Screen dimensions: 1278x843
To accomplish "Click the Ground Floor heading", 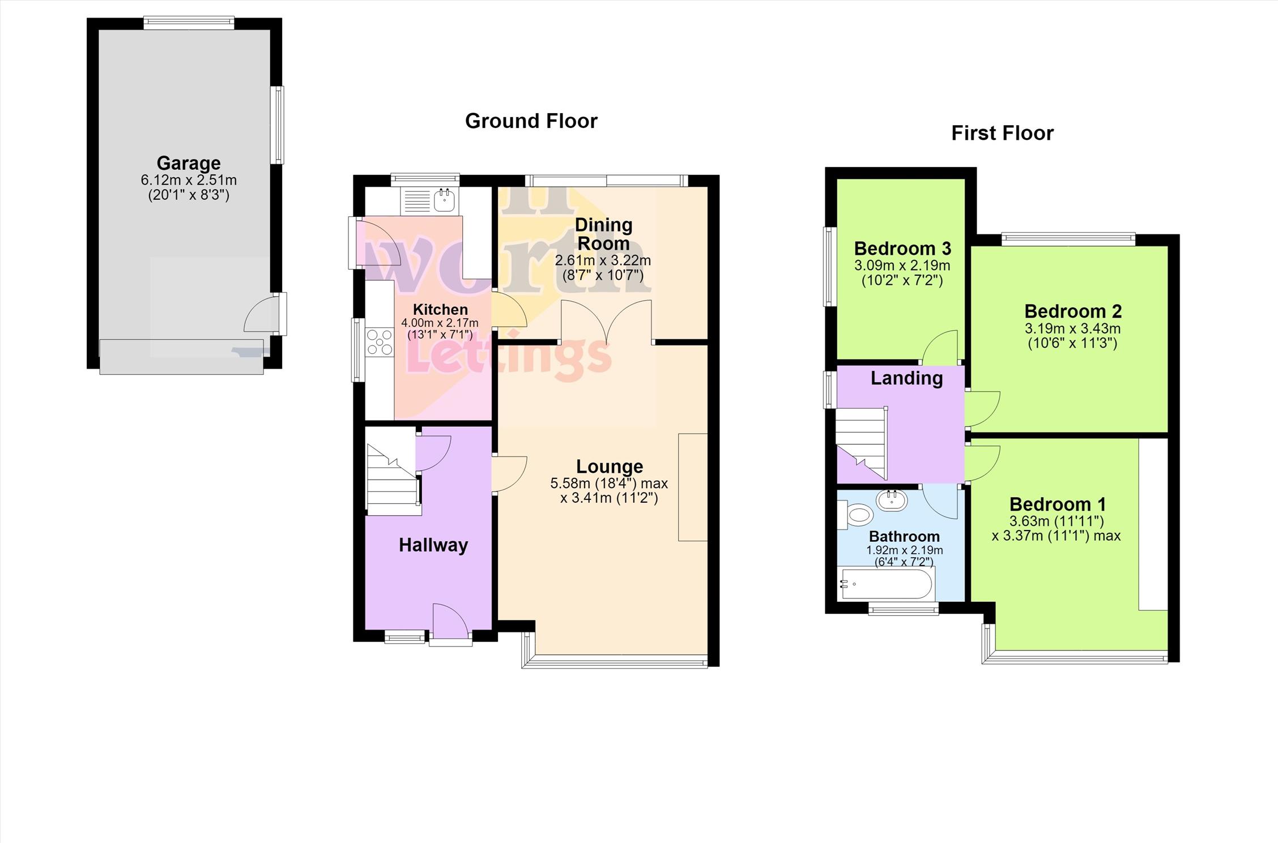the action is pyautogui.click(x=531, y=121).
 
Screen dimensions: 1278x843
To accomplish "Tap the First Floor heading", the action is pyautogui.click(x=1002, y=133).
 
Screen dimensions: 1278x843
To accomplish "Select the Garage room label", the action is pyautogui.click(x=189, y=163).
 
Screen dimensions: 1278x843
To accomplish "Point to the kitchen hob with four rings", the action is pyautogui.click(x=380, y=342).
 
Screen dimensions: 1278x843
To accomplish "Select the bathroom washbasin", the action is pyautogui.click(x=892, y=500).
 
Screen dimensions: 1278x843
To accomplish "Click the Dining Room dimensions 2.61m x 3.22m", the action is pyautogui.click(x=603, y=260).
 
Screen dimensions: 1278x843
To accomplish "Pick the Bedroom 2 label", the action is pyautogui.click(x=1073, y=311).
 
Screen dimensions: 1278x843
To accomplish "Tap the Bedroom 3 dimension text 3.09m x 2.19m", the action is pyautogui.click(x=902, y=265).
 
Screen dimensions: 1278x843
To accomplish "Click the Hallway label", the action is pyautogui.click(x=433, y=545).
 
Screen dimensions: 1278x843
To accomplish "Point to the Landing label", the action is pyautogui.click(x=906, y=378).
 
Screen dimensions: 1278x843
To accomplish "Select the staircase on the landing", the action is pyautogui.click(x=862, y=444).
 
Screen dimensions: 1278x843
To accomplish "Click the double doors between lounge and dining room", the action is pyautogui.click(x=606, y=323).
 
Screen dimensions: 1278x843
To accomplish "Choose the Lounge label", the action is pyautogui.click(x=610, y=466).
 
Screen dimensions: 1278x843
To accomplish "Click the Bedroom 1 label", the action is pyautogui.click(x=1058, y=504).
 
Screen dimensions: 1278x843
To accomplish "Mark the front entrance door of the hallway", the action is pyautogui.click(x=451, y=623).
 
